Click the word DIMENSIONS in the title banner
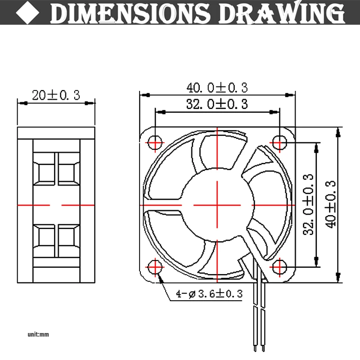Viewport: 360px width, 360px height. pos(130,13)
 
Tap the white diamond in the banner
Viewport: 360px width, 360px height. pos(27,13)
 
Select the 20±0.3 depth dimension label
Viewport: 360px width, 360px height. pos(56,95)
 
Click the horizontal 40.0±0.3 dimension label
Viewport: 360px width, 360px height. pos(217,88)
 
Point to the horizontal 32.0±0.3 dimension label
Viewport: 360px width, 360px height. pos(217,104)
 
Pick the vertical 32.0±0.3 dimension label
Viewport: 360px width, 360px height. pos(308,205)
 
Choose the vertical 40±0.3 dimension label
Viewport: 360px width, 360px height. pos(331,205)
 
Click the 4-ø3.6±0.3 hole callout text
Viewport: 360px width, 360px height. pos(209,294)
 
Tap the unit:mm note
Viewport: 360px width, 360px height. pos(38,334)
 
